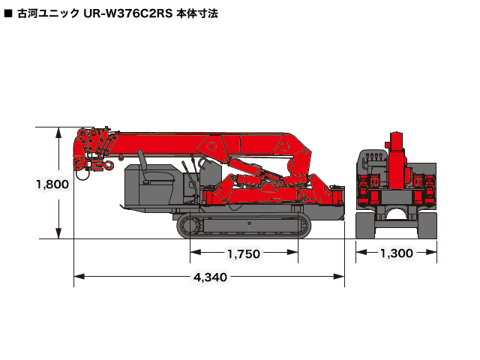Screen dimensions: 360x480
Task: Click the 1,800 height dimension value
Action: [x=52, y=184]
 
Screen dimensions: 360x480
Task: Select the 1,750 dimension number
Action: [x=243, y=253]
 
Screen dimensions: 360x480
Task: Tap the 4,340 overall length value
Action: [x=210, y=277]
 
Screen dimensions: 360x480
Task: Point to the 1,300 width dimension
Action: [x=396, y=253]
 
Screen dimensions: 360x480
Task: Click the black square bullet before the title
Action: [x=8, y=13]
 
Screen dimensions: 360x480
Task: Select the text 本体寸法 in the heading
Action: [x=197, y=13]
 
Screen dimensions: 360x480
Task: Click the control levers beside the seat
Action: [x=196, y=166]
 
